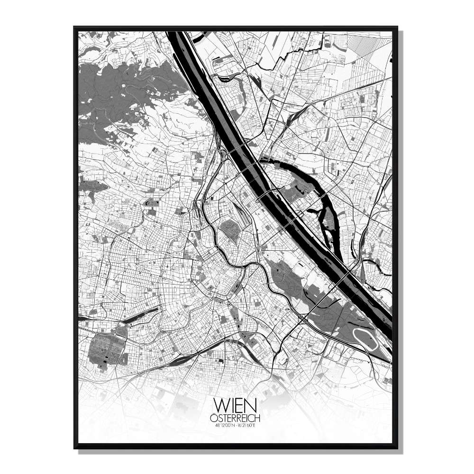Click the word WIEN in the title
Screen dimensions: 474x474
[x=235, y=406]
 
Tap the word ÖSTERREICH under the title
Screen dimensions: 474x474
[x=235, y=418]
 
